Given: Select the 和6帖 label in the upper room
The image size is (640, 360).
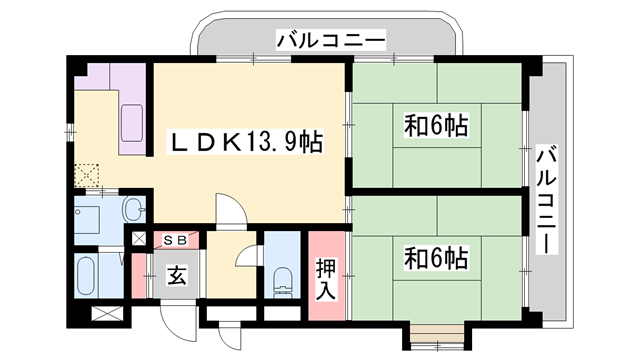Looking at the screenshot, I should coord(436,127).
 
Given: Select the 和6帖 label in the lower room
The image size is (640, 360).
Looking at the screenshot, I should coord(436,256).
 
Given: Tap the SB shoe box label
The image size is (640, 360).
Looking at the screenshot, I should coord(181,239).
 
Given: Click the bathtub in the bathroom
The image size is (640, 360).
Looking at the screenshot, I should coord(85,274).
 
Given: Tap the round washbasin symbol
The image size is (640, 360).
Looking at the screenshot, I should coord(133,210).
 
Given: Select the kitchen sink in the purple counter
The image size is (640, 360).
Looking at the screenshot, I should coord(132,123).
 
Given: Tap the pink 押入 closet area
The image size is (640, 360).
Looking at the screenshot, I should coord(326,276).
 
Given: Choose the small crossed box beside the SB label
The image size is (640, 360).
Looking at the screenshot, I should coord(140,240).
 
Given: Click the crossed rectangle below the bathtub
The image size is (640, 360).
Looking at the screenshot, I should coord(104,312).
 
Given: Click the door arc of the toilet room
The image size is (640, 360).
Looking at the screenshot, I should coord(244,255).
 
